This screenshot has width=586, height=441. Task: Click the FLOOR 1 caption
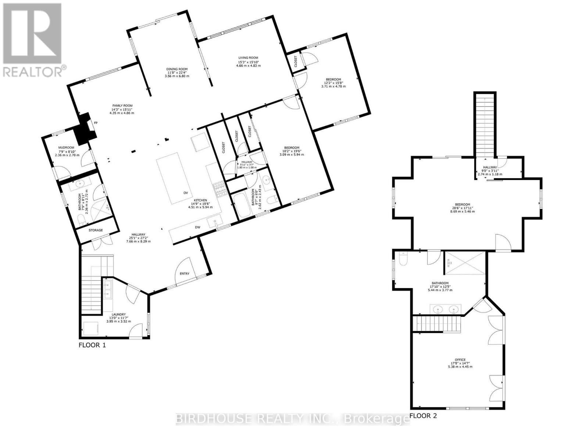92,345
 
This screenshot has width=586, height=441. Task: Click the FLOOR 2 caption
423,416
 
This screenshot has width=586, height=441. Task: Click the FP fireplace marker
96,123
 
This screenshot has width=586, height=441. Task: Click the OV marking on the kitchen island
186,193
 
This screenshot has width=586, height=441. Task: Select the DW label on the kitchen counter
197,227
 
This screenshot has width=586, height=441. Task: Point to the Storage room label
96,230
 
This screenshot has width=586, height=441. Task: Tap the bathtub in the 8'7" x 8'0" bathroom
242,206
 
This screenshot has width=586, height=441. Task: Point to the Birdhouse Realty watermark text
292,419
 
